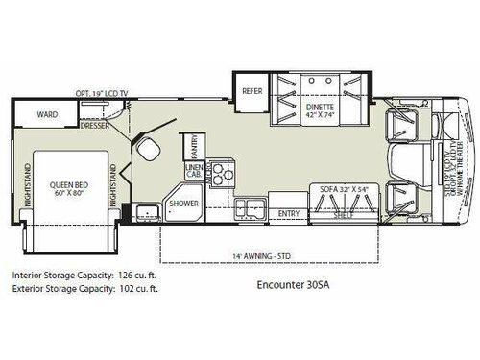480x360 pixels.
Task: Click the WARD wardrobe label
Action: (47, 114)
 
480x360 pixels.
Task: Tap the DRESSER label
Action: (94, 125)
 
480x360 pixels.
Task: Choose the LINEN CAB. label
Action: (192, 173)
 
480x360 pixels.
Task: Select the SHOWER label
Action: (183, 204)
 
